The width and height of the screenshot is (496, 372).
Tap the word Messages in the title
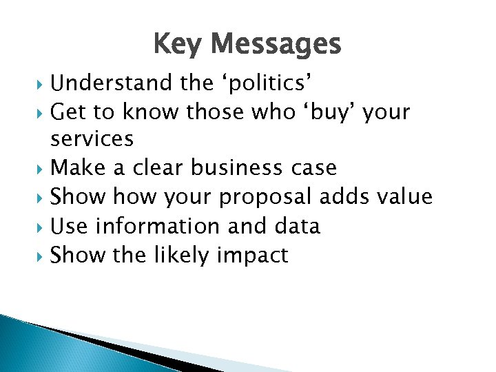tap(276, 45)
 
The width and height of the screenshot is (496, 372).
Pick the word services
tap(92, 139)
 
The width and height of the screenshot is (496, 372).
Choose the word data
tap(296, 225)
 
